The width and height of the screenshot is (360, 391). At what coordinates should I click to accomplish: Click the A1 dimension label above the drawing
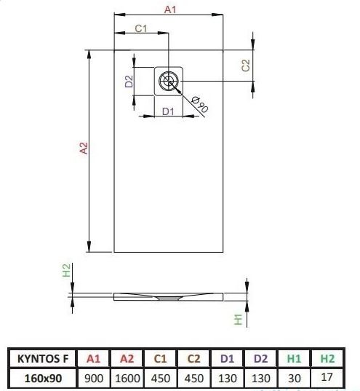170,9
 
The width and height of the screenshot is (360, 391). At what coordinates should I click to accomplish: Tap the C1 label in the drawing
141,28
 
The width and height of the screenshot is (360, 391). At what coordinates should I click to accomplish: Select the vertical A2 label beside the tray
84,148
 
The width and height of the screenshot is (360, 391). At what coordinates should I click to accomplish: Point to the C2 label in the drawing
245,66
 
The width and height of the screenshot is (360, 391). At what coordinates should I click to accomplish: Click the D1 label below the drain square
168,111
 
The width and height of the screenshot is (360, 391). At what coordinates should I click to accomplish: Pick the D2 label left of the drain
129,81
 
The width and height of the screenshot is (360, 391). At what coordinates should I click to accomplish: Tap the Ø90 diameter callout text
200,104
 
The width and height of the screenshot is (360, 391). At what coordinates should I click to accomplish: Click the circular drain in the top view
169,81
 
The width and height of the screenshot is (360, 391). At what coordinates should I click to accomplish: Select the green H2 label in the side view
66,270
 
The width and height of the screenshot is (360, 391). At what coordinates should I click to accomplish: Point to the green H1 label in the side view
239,320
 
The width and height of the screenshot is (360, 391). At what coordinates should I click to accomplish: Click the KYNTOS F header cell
43,358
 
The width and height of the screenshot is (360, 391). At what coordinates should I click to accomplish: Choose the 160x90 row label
43,379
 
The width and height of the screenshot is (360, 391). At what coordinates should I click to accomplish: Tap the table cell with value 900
94,379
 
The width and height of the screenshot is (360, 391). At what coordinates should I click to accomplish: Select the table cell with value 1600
127,379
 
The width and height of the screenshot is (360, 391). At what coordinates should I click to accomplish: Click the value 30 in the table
295,379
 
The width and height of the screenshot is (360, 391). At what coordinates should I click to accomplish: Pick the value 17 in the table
327,377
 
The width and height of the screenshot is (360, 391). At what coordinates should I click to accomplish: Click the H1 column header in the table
295,358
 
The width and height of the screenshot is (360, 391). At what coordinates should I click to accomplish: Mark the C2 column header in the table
194,358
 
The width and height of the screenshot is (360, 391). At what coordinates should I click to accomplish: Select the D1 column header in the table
227,358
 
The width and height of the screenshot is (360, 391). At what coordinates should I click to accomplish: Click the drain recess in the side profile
169,298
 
